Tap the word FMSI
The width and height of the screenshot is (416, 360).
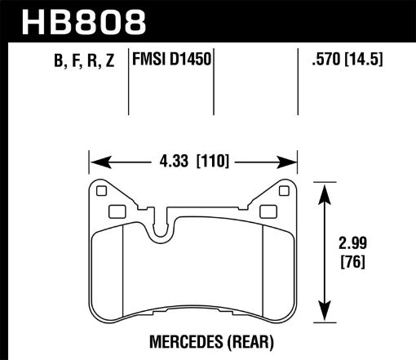(148, 61)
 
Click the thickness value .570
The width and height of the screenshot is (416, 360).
(320, 61)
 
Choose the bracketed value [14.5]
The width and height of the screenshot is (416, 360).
(364, 61)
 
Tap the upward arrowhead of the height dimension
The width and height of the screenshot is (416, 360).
(327, 189)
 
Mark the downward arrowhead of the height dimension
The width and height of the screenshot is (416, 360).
(327, 316)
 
